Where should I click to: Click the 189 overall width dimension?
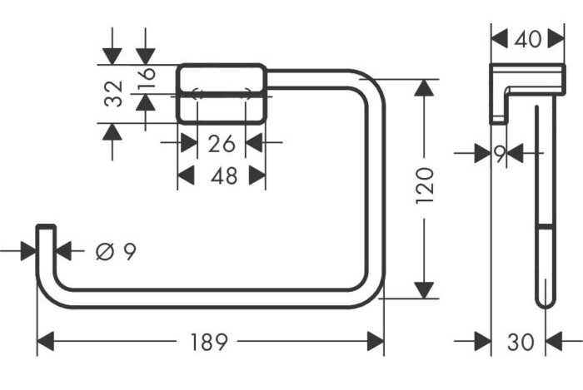tap(208, 342)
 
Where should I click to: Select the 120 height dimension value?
tap(425, 185)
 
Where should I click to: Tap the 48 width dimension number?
tap(224, 175)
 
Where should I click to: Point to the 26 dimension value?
tap(222, 144)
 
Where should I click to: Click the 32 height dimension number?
tap(113, 93)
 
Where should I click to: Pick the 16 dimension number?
tap(146, 79)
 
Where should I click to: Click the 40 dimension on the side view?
tap(527, 39)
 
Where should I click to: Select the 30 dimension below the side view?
tap(521, 342)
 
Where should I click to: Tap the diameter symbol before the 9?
tap(104, 252)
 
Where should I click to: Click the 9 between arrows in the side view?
tap(500, 153)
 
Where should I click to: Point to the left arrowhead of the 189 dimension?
tap(46, 342)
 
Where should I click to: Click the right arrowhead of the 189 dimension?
tap(376, 342)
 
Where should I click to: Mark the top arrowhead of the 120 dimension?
tap(424, 88)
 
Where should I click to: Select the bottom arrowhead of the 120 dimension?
tap(424, 290)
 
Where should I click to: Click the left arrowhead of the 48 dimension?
tap(186, 175)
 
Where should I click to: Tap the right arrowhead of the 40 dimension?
tap(556, 38)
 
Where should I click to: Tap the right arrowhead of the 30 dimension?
tap(554, 342)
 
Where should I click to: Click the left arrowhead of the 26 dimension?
tap(189, 142)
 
